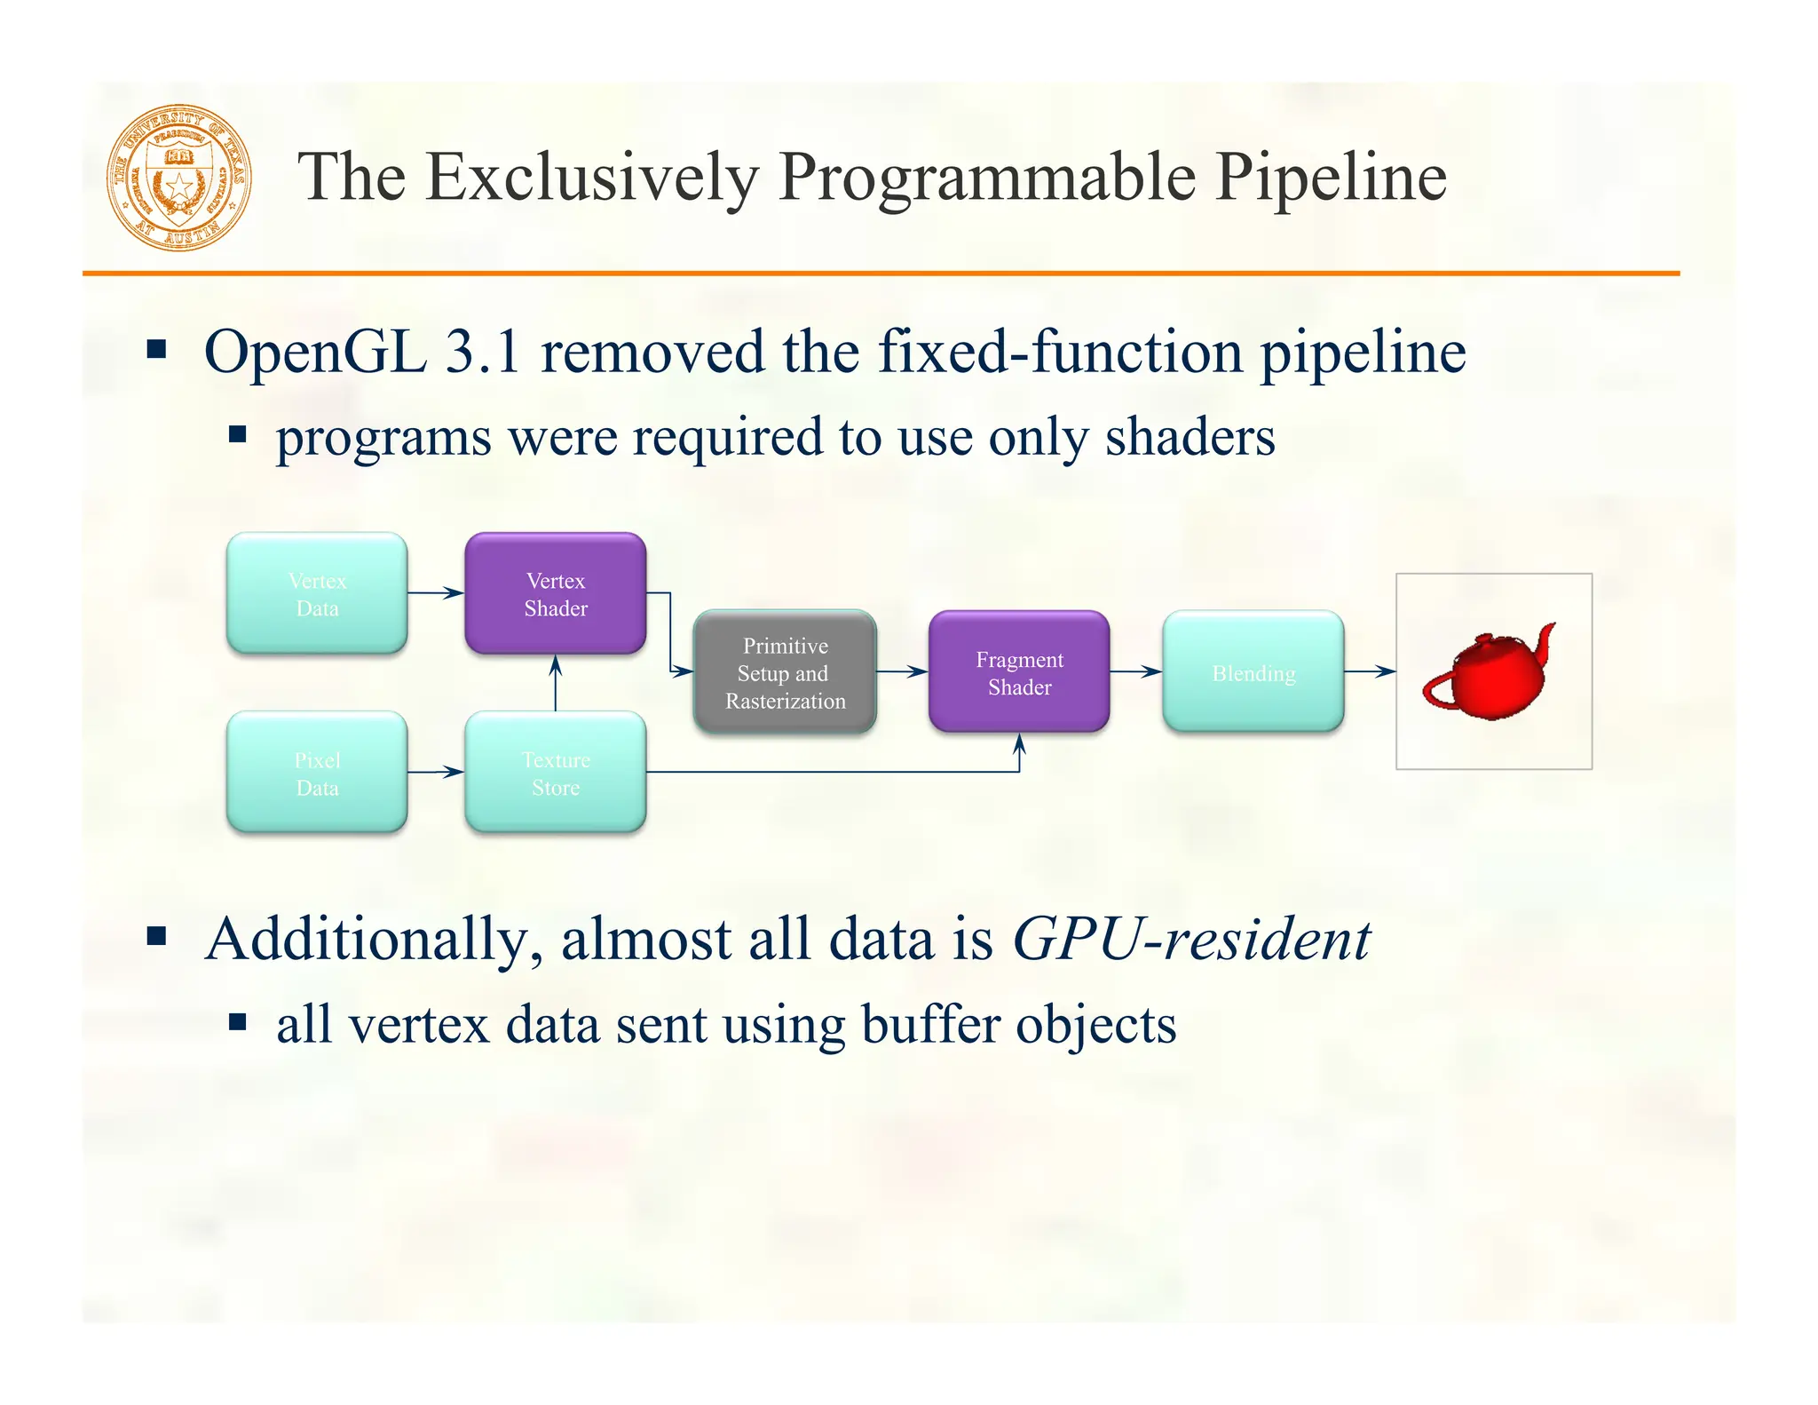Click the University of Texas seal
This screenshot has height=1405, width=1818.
(x=178, y=177)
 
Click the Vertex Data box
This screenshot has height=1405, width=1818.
(x=317, y=593)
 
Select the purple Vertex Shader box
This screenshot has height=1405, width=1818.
(x=556, y=593)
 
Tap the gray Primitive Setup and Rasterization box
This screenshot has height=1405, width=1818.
(x=785, y=672)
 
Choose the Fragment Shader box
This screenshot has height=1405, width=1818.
(x=1019, y=672)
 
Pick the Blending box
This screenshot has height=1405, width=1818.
(x=1253, y=672)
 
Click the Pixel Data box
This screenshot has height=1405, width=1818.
(x=317, y=773)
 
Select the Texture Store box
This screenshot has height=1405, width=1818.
(x=556, y=773)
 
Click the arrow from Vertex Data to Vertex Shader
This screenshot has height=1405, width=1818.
(x=436, y=592)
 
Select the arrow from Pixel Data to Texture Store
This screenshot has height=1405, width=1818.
(x=436, y=773)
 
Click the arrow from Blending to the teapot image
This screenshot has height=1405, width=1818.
(x=1370, y=672)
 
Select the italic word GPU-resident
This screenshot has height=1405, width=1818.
(x=1191, y=940)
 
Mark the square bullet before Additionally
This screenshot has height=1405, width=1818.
(x=157, y=936)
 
